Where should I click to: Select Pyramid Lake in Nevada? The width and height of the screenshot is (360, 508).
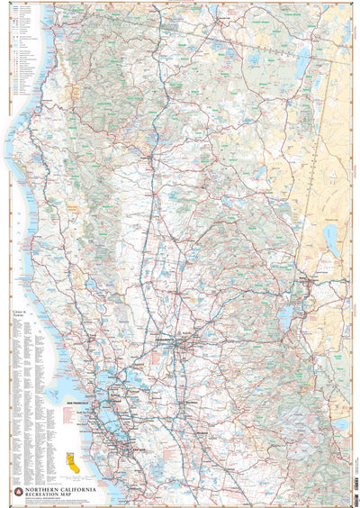(330, 238)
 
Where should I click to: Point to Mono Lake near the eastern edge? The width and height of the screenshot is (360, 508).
(341, 424)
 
